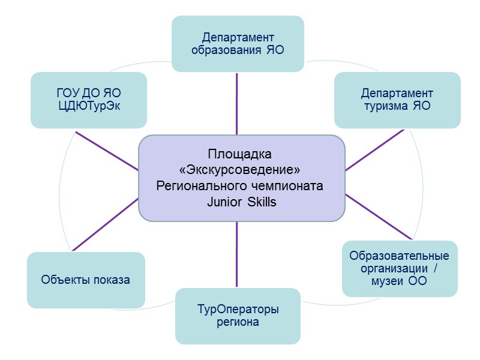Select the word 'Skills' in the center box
click(x=262, y=202)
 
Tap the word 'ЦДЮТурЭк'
click(x=89, y=107)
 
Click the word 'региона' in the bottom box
click(x=238, y=322)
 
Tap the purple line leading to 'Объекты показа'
click(x=105, y=224)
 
